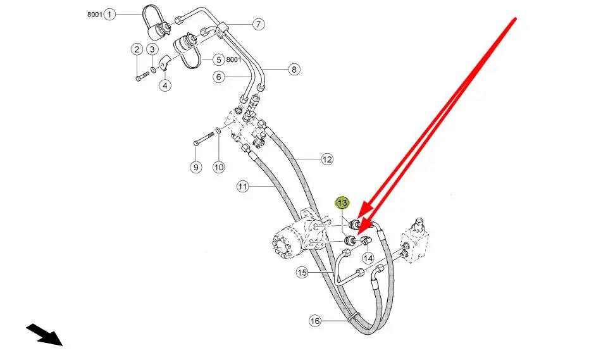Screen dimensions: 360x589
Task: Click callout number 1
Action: pyautogui.click(x=110, y=14)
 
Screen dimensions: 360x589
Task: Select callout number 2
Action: pyautogui.click(x=137, y=49)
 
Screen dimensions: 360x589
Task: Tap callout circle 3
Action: pyautogui.click(x=152, y=49)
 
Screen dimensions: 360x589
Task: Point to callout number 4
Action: pyautogui.click(x=165, y=85)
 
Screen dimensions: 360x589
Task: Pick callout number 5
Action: pyautogui.click(x=218, y=60)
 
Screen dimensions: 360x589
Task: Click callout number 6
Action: pyautogui.click(x=219, y=77)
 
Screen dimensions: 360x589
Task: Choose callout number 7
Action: pyautogui.click(x=258, y=25)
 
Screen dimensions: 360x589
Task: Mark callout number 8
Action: pyautogui.click(x=294, y=70)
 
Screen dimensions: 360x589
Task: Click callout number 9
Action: pyautogui.click(x=195, y=168)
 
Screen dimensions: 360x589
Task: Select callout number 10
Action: pyautogui.click(x=218, y=168)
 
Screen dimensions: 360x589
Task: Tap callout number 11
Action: pyautogui.click(x=244, y=187)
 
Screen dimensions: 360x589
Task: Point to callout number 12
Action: pyautogui.click(x=326, y=160)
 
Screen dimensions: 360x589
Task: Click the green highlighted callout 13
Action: pyautogui.click(x=342, y=203)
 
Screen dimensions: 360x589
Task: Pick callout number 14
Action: pyautogui.click(x=368, y=258)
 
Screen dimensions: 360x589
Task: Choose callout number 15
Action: pyautogui.click(x=302, y=273)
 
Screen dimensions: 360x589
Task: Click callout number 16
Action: pyautogui.click(x=315, y=321)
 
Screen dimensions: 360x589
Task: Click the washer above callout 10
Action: pyautogui.click(x=218, y=130)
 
